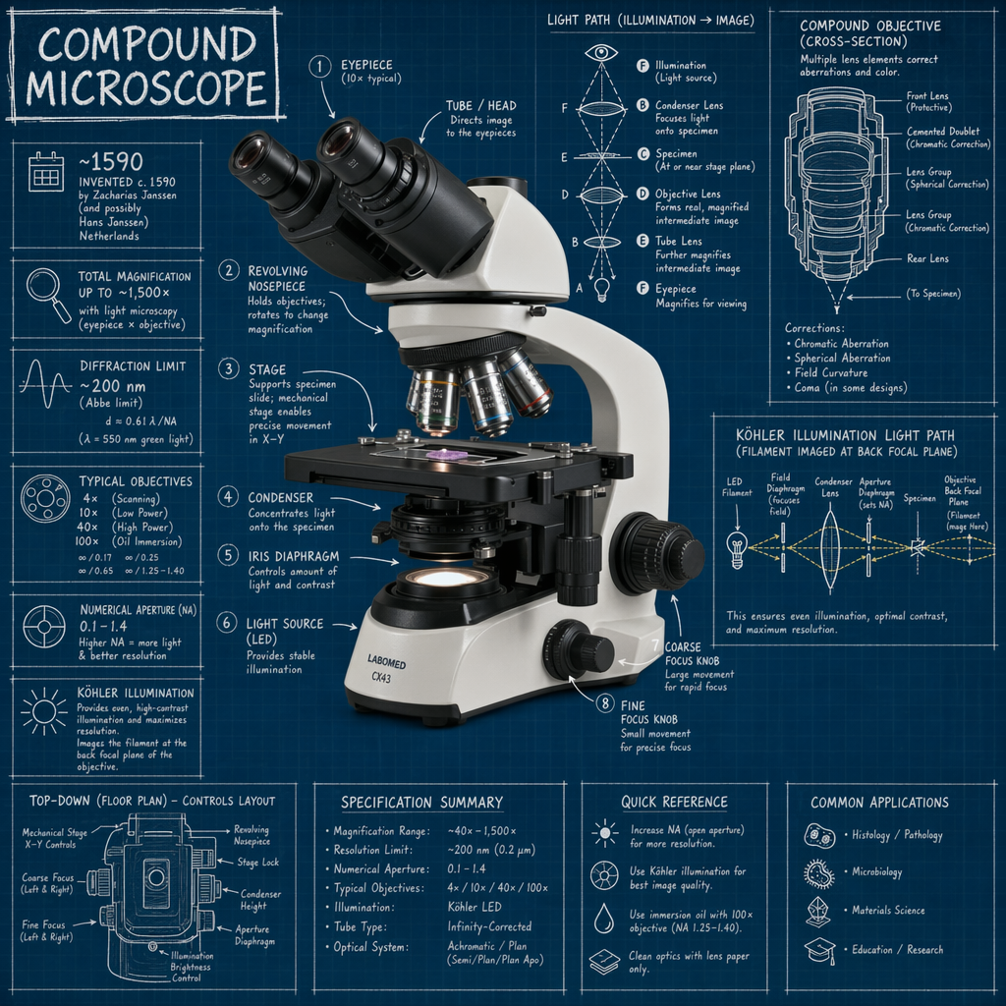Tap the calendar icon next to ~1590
[45, 170]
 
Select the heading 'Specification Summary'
[421, 803]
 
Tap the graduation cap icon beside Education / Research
[818, 950]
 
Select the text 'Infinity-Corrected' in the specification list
[489, 926]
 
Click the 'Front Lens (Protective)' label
[928, 101]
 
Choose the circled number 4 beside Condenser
[228, 497]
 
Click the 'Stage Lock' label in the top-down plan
[257, 862]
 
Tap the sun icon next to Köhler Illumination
[44, 708]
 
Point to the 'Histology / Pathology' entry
[896, 836]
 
